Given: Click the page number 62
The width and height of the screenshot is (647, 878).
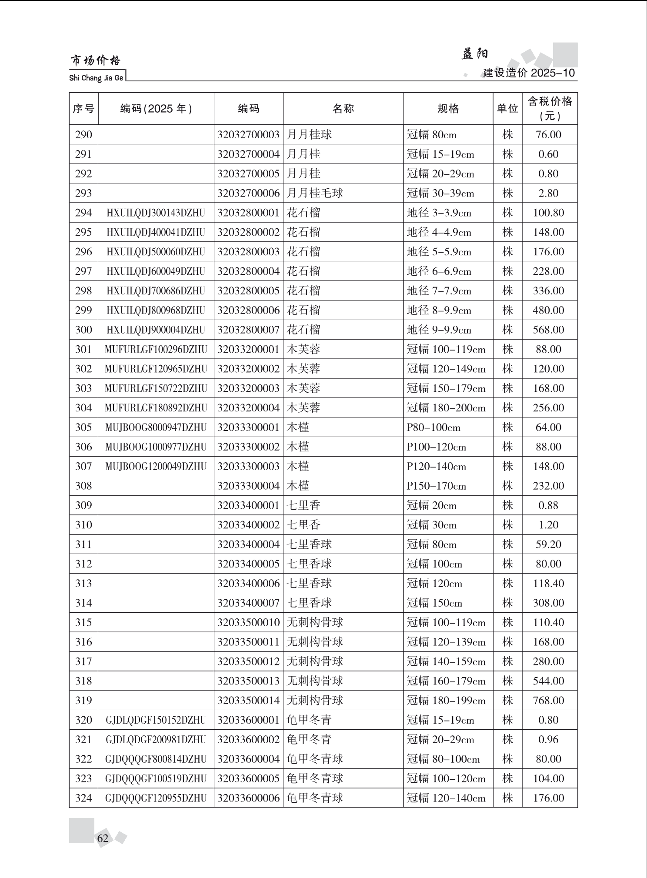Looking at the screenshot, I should (x=103, y=838).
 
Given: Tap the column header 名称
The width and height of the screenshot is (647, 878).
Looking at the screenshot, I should (x=343, y=109).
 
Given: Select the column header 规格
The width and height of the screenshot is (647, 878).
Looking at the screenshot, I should (x=448, y=109).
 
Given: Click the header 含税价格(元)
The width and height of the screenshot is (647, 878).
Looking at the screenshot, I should (x=550, y=109).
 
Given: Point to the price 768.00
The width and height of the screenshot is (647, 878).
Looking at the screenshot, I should (x=548, y=701).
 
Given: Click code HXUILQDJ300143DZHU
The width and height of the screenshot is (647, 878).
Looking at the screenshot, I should (x=156, y=213).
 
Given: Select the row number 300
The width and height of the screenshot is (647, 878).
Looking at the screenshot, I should (x=83, y=330).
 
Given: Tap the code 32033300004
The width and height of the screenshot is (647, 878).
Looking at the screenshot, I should (x=248, y=486).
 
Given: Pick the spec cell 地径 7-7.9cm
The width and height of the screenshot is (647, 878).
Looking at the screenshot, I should (x=439, y=291).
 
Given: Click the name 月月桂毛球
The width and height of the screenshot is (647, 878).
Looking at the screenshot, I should (x=315, y=193).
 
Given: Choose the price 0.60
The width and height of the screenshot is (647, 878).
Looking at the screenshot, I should (x=548, y=154).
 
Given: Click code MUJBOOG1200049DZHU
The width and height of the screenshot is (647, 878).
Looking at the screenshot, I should (x=156, y=467).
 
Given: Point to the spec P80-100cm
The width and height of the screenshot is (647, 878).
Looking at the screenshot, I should (x=433, y=427).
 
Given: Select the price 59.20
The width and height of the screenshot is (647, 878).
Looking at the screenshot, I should (x=548, y=544).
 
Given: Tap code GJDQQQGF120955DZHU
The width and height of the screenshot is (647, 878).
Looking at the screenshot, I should (x=156, y=798).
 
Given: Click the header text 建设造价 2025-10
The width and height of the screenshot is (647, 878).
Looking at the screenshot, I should (x=529, y=73).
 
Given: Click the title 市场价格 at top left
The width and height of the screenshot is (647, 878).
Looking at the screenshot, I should (x=95, y=60).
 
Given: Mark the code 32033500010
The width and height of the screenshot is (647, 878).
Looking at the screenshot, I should (x=248, y=623).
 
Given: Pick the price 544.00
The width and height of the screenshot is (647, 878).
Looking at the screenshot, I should (x=548, y=681).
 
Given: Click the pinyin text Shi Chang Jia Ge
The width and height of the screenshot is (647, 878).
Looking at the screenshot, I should (x=96, y=78).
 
